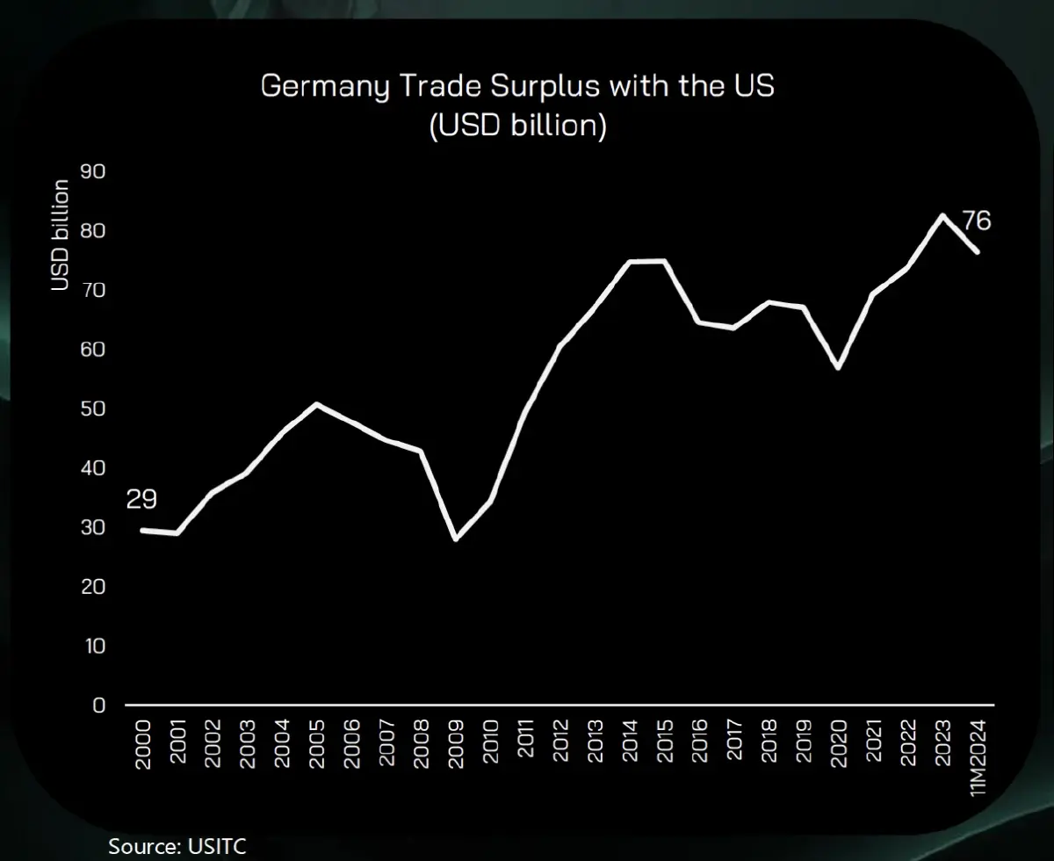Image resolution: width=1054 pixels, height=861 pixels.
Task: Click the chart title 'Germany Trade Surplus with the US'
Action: [x=518, y=87]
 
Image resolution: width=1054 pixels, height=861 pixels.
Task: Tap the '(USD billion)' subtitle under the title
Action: [x=518, y=126]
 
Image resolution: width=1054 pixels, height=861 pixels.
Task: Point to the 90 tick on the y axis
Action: [x=92, y=171]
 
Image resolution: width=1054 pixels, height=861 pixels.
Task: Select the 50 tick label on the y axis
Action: [x=92, y=409]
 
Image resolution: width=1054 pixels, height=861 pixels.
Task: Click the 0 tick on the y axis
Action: [x=98, y=705]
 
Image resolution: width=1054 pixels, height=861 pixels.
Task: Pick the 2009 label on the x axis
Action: [x=456, y=745]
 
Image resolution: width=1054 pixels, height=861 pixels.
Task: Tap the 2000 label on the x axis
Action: [x=143, y=745]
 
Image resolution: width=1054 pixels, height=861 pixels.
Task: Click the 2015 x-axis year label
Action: [x=665, y=745]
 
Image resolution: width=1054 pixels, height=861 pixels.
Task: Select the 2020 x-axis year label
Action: [x=839, y=745]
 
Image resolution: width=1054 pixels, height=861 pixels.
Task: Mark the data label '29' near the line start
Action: [x=141, y=501]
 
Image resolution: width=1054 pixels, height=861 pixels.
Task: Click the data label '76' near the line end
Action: [x=976, y=221]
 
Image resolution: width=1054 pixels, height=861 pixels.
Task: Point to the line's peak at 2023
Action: [x=943, y=215]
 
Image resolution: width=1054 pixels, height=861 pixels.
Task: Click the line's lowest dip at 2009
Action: [x=456, y=539]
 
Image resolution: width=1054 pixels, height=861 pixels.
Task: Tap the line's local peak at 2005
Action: [x=317, y=404]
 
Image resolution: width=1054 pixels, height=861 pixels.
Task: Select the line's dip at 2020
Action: [x=839, y=367]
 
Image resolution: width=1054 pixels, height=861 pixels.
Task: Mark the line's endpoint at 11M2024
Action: [x=978, y=252]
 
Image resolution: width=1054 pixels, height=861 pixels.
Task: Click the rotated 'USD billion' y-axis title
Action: [x=60, y=235]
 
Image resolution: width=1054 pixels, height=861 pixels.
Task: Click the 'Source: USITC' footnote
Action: [x=177, y=846]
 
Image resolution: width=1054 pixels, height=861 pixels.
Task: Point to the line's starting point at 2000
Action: [x=143, y=530]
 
